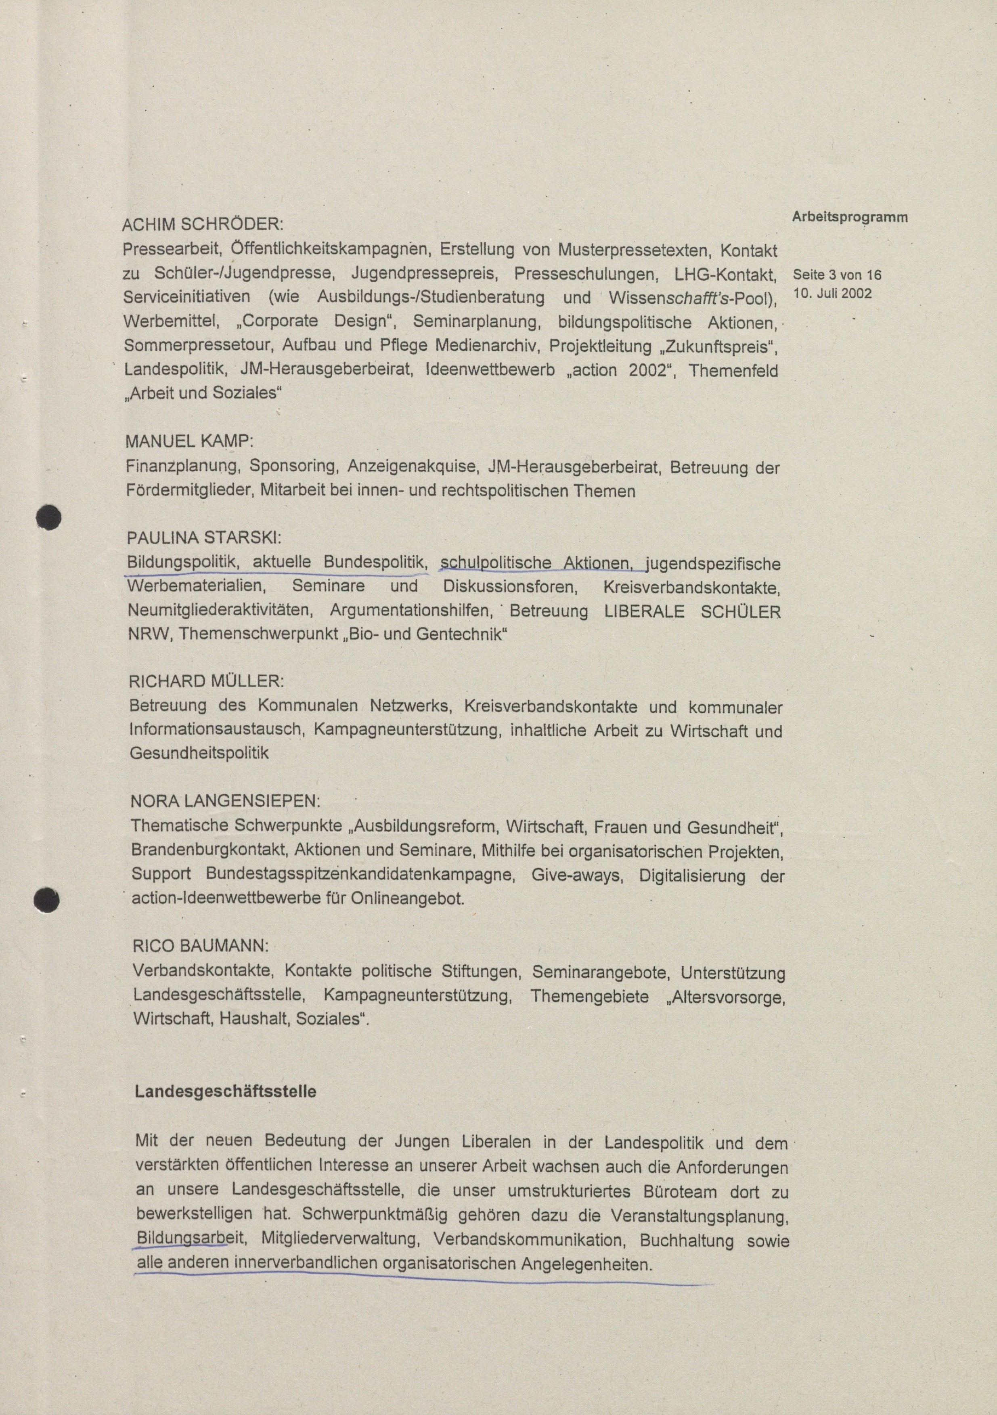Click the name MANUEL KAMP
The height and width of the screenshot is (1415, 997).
tap(189, 441)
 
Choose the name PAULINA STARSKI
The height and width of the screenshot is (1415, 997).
tap(204, 538)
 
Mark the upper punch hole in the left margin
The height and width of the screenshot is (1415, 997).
tap(48, 516)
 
